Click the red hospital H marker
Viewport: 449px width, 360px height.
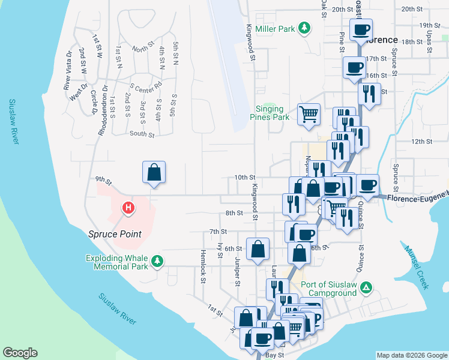click(128, 209)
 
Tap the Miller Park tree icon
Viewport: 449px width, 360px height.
click(305, 28)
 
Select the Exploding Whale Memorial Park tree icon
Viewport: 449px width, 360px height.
click(157, 261)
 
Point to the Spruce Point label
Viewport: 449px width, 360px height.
click(115, 234)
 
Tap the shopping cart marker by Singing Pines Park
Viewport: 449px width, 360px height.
click(309, 114)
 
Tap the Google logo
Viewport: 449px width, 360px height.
click(20, 353)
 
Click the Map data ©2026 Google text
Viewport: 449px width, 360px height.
click(412, 355)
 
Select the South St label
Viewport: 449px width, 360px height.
click(142, 134)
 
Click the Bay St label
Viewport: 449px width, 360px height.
click(274, 355)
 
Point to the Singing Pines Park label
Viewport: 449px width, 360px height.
click(273, 113)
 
